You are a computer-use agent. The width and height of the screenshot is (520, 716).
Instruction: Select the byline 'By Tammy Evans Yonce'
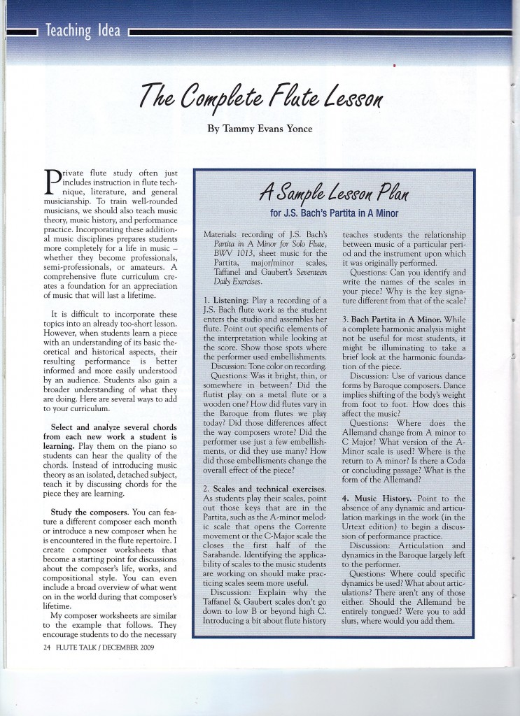(x=259, y=129)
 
